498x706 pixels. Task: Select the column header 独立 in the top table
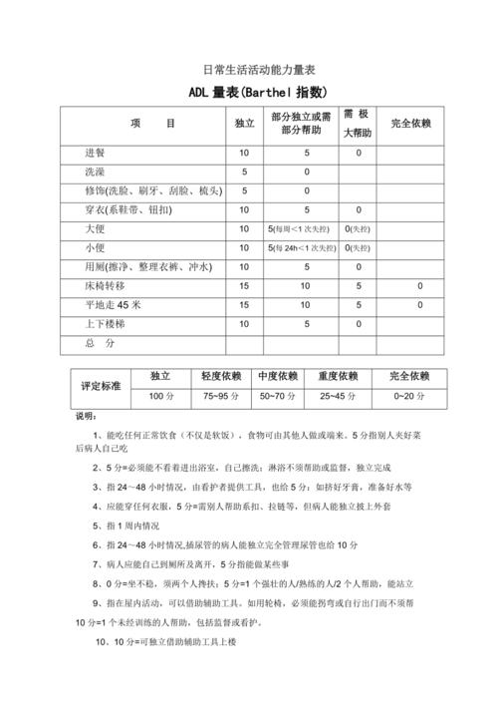244,124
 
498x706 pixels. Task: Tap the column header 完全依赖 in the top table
411,124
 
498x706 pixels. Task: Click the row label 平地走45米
114,305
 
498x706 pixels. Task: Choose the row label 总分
101,343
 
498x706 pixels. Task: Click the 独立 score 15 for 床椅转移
244,286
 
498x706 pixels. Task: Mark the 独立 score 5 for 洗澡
244,173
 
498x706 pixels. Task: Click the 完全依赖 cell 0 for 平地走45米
419,305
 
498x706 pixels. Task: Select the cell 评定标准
101,386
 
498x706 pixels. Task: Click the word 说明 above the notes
88,416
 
